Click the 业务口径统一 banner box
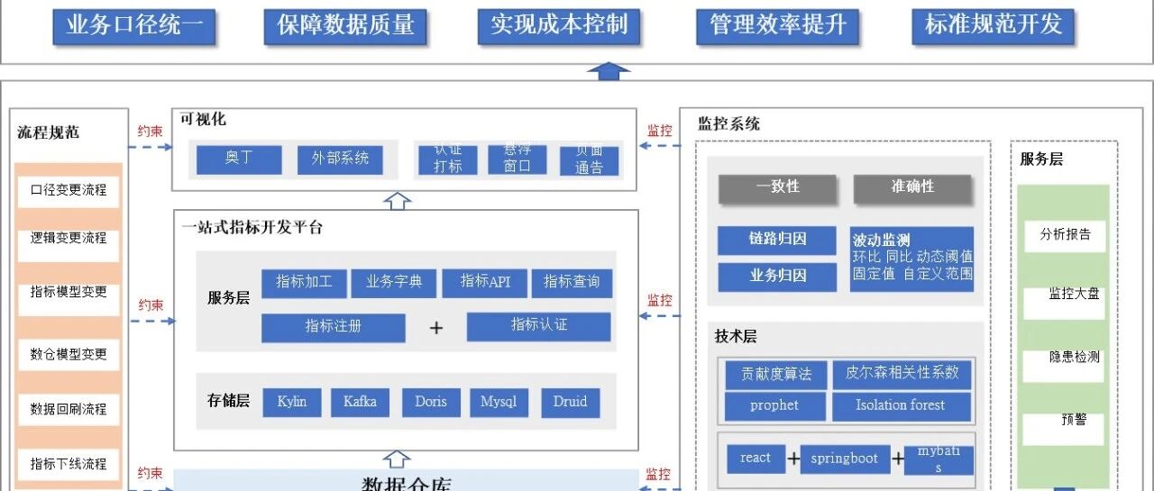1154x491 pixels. pyautogui.click(x=134, y=25)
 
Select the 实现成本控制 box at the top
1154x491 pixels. pyautogui.click(x=559, y=25)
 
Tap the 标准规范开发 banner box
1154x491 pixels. pyautogui.click(x=994, y=25)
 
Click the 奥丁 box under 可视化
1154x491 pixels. pyautogui.click(x=239, y=159)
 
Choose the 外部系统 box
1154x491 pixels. pyautogui.click(x=340, y=159)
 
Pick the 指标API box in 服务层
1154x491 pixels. pyautogui.click(x=484, y=282)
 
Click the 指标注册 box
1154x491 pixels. pyautogui.click(x=333, y=326)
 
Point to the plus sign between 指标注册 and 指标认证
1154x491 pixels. pyautogui.click(x=436, y=328)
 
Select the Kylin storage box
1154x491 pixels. pyautogui.click(x=292, y=402)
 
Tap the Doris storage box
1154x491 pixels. pyautogui.click(x=431, y=402)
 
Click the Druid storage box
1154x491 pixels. pyautogui.click(x=570, y=402)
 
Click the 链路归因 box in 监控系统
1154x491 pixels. pyautogui.click(x=777, y=240)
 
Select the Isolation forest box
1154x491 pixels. pyautogui.click(x=902, y=405)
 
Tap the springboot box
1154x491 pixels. pyautogui.click(x=844, y=459)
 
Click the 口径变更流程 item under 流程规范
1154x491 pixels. pyautogui.click(x=69, y=190)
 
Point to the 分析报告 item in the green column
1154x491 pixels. pyautogui.click(x=1065, y=235)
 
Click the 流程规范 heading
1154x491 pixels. pyautogui.click(x=49, y=132)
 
